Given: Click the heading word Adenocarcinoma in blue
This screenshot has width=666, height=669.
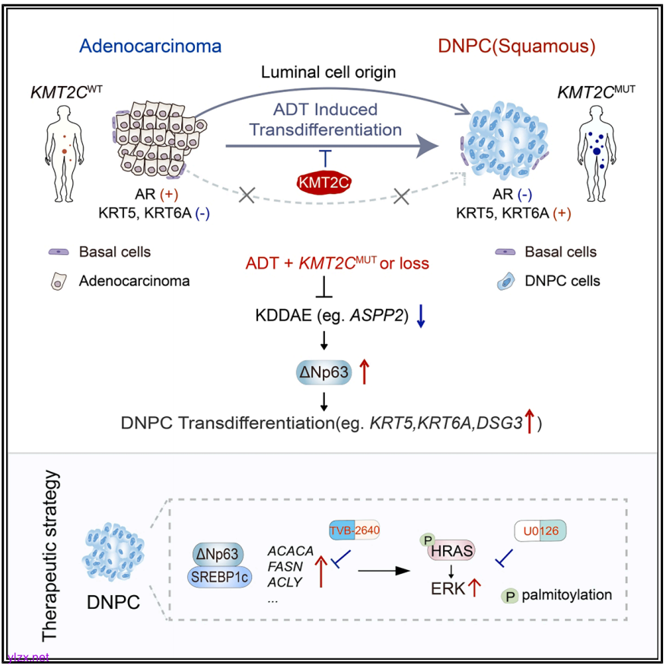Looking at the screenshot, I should click(x=151, y=46).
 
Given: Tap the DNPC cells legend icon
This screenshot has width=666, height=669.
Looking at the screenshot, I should click(x=504, y=281).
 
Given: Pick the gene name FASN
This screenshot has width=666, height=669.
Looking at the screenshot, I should click(x=285, y=566).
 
